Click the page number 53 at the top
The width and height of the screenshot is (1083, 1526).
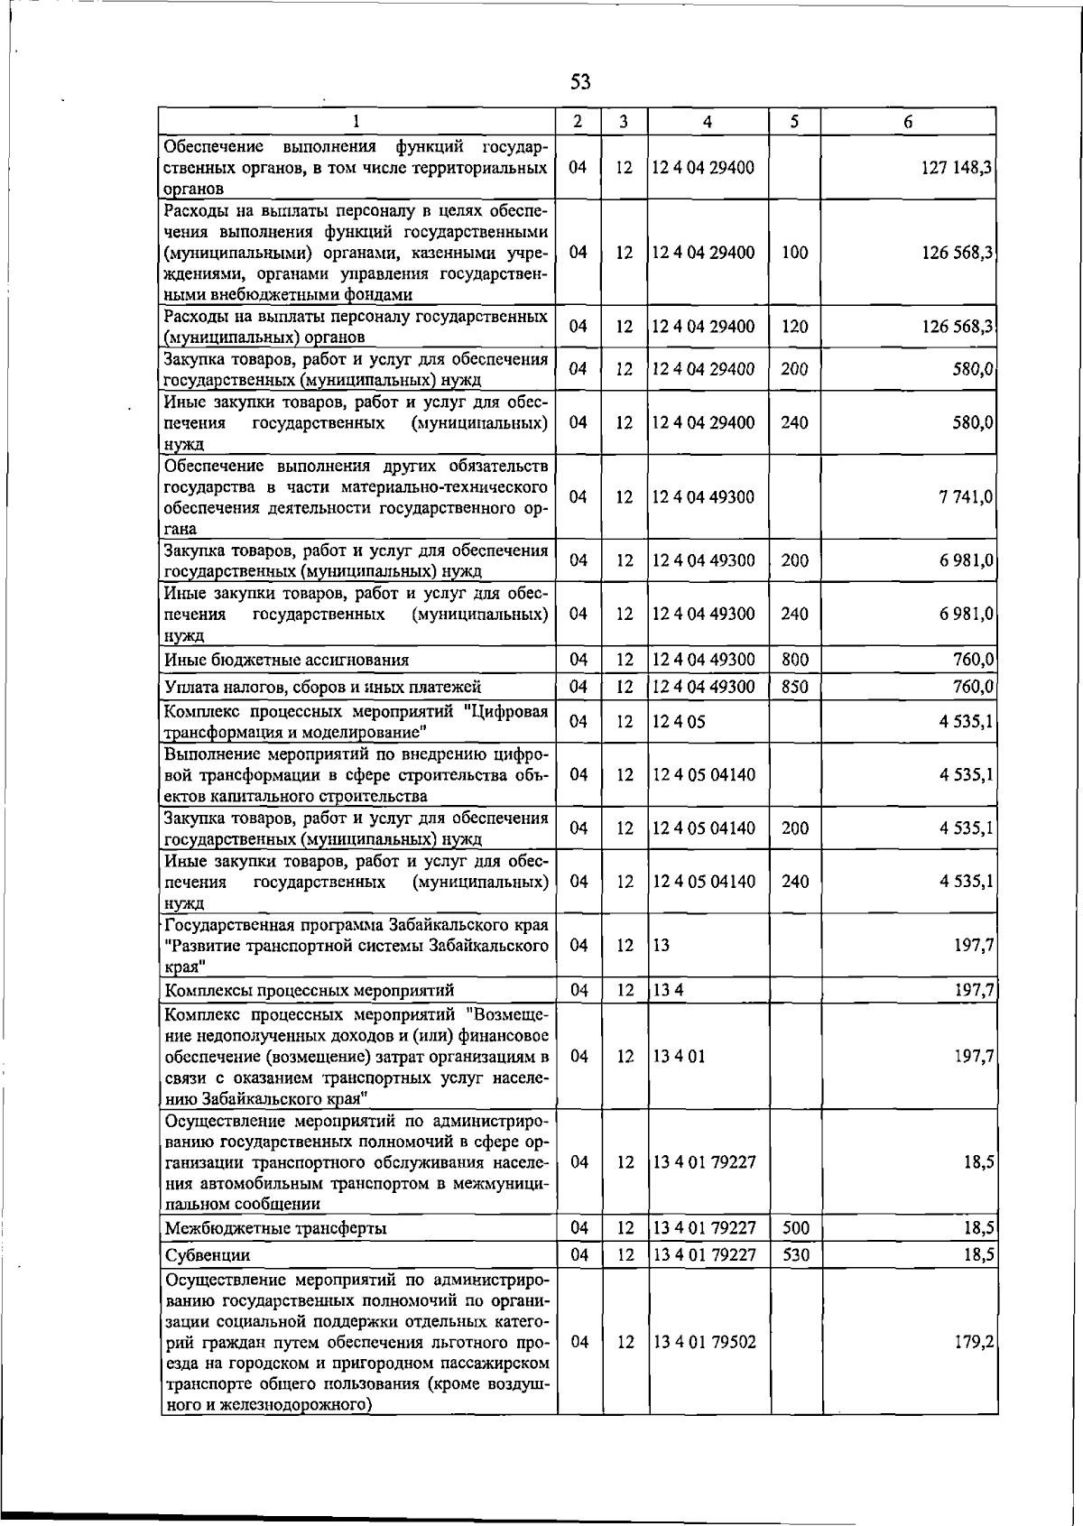(580, 82)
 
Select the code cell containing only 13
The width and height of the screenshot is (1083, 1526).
(662, 945)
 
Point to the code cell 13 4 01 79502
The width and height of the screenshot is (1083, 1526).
(704, 1342)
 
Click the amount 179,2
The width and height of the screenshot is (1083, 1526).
(975, 1342)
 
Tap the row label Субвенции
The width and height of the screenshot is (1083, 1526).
(207, 1255)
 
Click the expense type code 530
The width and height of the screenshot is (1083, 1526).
(795, 1254)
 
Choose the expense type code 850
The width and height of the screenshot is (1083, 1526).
(794, 687)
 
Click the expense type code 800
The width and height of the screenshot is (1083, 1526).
(794, 660)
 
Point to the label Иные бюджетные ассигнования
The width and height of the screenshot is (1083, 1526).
(286, 660)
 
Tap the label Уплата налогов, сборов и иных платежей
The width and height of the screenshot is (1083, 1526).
(322, 687)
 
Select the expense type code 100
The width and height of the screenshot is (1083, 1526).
(794, 253)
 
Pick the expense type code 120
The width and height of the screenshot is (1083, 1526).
(794, 327)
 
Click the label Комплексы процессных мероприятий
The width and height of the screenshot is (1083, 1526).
(309, 990)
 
